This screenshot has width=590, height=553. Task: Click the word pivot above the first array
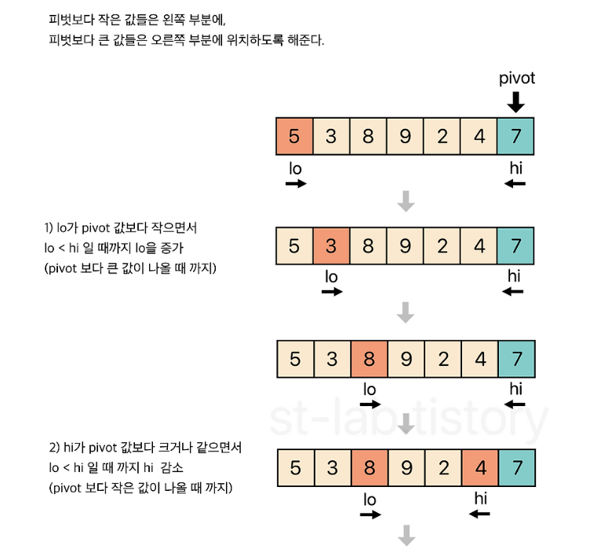click(516, 79)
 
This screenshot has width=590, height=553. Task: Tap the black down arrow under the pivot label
click(516, 101)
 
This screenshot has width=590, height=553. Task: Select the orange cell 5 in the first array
click(294, 136)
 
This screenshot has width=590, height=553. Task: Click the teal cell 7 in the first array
click(515, 136)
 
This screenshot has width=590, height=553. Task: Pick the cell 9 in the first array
click(405, 136)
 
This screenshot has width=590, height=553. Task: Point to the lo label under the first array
click(295, 167)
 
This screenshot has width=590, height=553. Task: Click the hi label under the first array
click(515, 167)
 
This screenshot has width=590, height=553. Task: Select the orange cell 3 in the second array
click(331, 246)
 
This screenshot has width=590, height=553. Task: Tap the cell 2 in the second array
click(442, 246)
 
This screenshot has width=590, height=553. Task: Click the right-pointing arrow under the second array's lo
click(332, 291)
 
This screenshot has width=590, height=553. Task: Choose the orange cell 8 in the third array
click(369, 360)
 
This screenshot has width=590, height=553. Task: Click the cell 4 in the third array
click(479, 360)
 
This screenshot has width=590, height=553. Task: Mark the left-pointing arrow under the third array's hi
click(515, 405)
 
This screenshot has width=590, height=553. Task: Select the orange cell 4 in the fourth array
click(480, 469)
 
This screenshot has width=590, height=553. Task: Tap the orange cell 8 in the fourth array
click(369, 469)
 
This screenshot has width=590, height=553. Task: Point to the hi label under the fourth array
click(481, 499)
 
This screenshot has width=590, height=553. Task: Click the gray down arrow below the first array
click(406, 202)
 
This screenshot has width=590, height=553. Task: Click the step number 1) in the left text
click(49, 229)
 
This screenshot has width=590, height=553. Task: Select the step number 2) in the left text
click(54, 448)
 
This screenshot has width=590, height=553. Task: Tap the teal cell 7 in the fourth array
click(515, 469)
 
